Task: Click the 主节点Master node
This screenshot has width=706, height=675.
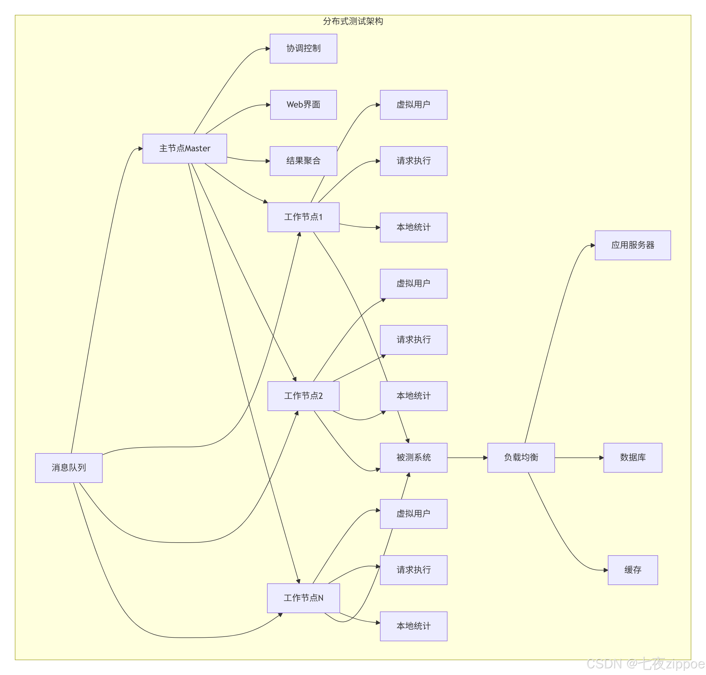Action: [184, 149]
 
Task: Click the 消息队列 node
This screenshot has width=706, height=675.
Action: [69, 468]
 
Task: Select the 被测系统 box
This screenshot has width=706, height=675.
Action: [413, 458]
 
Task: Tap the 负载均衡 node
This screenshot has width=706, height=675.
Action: [521, 458]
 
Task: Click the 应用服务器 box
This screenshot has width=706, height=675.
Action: [633, 245]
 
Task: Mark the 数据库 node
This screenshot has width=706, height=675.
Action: [633, 458]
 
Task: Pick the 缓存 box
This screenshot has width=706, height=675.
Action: [633, 570]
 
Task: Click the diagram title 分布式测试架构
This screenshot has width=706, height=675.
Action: [353, 21]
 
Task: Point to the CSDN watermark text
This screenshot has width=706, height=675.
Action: [646, 663]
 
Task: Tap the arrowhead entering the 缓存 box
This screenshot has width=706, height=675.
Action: [606, 570]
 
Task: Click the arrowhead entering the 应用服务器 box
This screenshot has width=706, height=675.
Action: [593, 245]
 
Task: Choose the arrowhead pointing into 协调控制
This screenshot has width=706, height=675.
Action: [268, 49]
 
